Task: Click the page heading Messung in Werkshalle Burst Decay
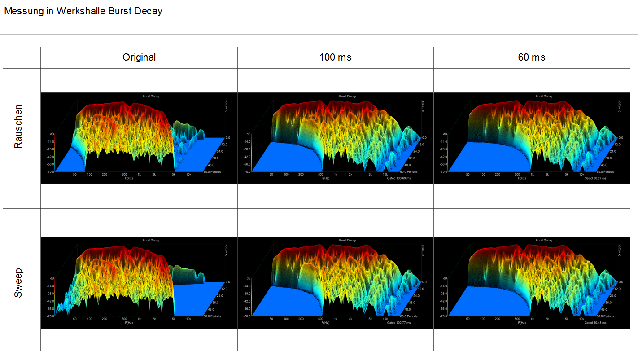(83, 11)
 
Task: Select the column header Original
(139, 57)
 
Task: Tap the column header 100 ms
(335, 57)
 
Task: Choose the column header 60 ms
(531, 57)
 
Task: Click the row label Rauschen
(18, 127)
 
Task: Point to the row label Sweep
(18, 283)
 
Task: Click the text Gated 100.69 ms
(398, 178)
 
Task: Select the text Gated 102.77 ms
(398, 323)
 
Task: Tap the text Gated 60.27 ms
(595, 178)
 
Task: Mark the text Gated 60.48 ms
(595, 323)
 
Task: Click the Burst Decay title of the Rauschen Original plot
(151, 96)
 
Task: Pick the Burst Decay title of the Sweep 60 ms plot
(544, 241)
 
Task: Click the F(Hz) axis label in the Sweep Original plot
(129, 323)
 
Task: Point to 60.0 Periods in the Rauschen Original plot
(212, 172)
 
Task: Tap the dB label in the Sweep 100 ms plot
(249, 279)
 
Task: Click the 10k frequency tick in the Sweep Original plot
(189, 319)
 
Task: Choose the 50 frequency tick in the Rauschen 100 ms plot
(271, 175)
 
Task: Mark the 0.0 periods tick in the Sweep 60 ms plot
(621, 282)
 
